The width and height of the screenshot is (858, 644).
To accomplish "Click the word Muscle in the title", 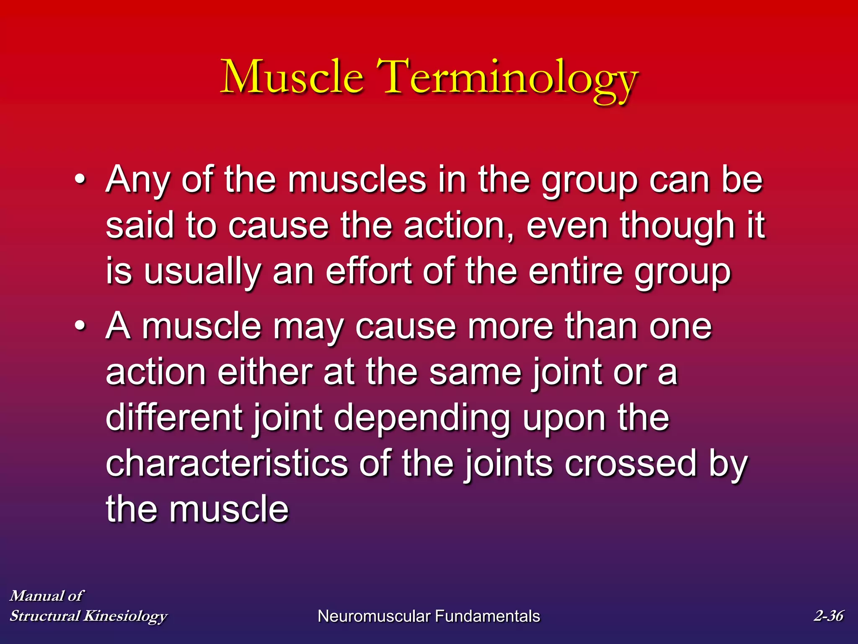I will (x=292, y=77).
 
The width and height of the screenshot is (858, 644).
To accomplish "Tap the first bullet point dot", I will (x=80, y=180).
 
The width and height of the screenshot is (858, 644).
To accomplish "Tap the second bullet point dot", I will (x=80, y=326).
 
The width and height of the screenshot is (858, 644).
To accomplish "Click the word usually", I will (x=203, y=272).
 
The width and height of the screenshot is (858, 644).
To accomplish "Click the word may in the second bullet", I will (x=308, y=327).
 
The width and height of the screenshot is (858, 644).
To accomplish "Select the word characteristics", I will (x=227, y=463).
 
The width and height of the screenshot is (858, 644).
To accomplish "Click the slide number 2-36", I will (x=828, y=615).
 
